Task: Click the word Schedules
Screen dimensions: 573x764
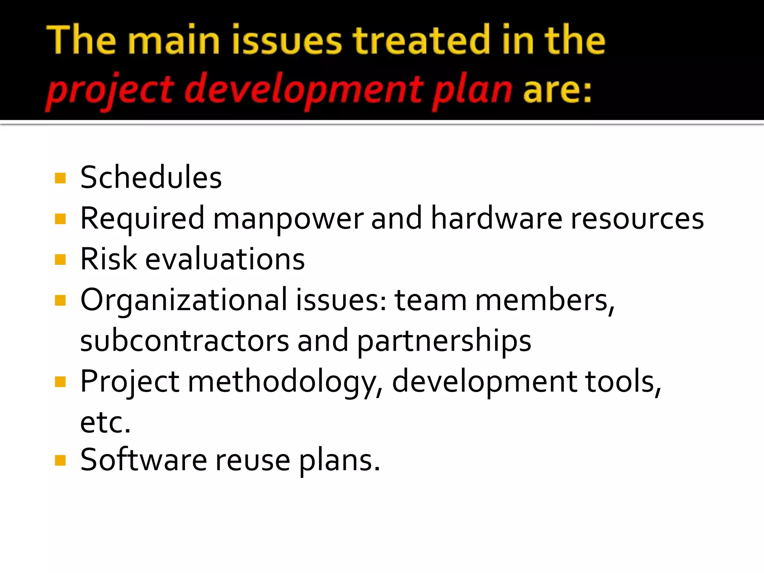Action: coord(151,178)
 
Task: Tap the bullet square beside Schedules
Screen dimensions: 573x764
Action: coord(60,178)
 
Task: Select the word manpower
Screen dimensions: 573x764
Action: coord(288,219)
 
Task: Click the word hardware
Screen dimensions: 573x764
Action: coord(496,218)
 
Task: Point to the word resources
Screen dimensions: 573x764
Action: coord(637,219)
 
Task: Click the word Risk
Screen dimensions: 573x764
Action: coord(109,259)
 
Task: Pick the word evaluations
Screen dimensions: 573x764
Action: coord(225,259)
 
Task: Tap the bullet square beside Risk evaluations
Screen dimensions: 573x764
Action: coord(60,259)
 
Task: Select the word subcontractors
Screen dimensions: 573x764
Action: coord(185,341)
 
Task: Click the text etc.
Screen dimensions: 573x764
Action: coord(106,423)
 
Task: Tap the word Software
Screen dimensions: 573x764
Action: coord(144,460)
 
